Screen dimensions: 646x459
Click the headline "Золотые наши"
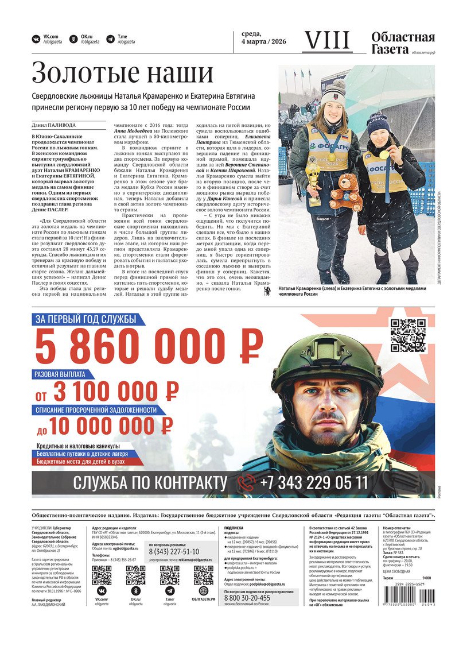(x=122, y=74)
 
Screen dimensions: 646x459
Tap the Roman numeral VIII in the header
(x=326, y=40)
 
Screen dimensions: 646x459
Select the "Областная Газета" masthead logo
(x=403, y=43)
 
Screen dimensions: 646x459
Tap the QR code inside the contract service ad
(x=409, y=335)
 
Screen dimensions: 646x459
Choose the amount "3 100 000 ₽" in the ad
(x=115, y=393)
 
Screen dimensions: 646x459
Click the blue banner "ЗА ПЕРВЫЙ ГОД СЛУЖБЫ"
(x=85, y=320)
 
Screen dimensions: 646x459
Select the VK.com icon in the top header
(x=36, y=39)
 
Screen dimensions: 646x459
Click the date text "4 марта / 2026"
(x=263, y=42)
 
